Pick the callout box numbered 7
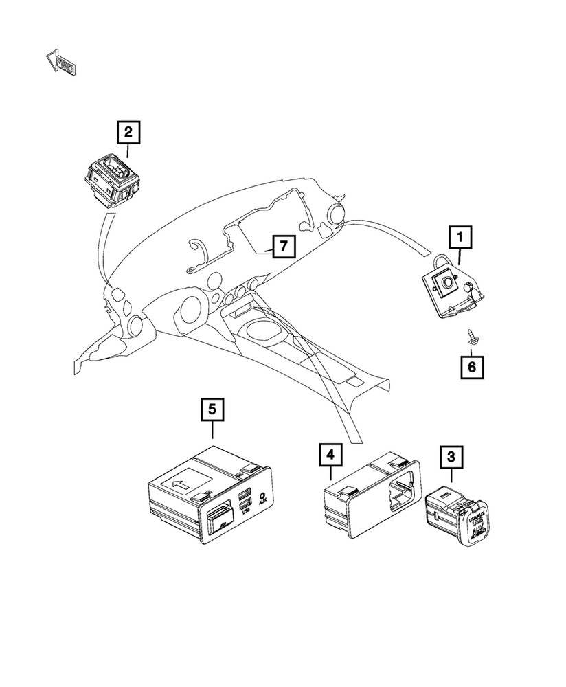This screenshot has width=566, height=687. pos(284,245)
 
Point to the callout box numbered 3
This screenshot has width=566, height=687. pos(451,457)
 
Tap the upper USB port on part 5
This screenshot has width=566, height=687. pos(244,494)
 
